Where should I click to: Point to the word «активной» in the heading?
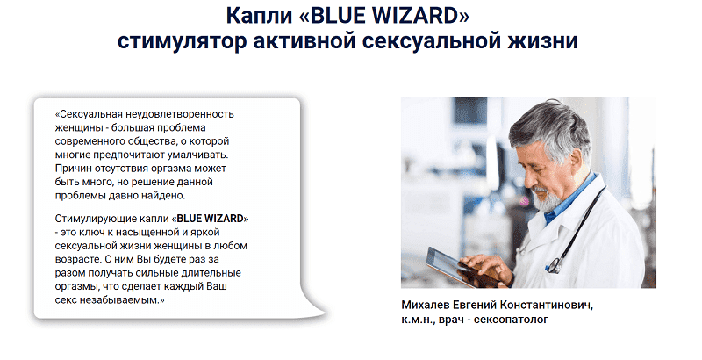304,40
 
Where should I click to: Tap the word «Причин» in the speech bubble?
68,169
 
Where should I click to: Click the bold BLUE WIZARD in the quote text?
211,219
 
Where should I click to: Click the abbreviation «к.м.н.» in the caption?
419,320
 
